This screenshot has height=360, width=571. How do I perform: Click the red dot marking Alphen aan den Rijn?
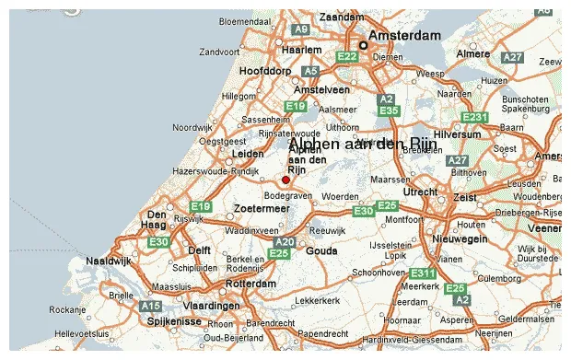[x=285, y=180]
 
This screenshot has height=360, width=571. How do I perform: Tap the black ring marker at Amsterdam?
[x=363, y=45]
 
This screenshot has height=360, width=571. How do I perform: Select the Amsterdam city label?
[x=406, y=35]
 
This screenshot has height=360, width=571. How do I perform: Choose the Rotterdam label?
[x=251, y=285]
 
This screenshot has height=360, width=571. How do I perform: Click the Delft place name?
[x=200, y=250]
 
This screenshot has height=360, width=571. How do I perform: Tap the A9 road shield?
[x=301, y=29]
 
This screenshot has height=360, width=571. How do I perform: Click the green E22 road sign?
[x=347, y=57]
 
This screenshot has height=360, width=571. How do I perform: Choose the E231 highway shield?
[x=474, y=117]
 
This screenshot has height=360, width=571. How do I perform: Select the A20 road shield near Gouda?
[x=285, y=242]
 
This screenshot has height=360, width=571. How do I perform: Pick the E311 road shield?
[x=423, y=273]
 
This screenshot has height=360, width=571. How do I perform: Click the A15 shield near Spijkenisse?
[x=150, y=305]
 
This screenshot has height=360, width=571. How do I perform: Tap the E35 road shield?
[x=389, y=110]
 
